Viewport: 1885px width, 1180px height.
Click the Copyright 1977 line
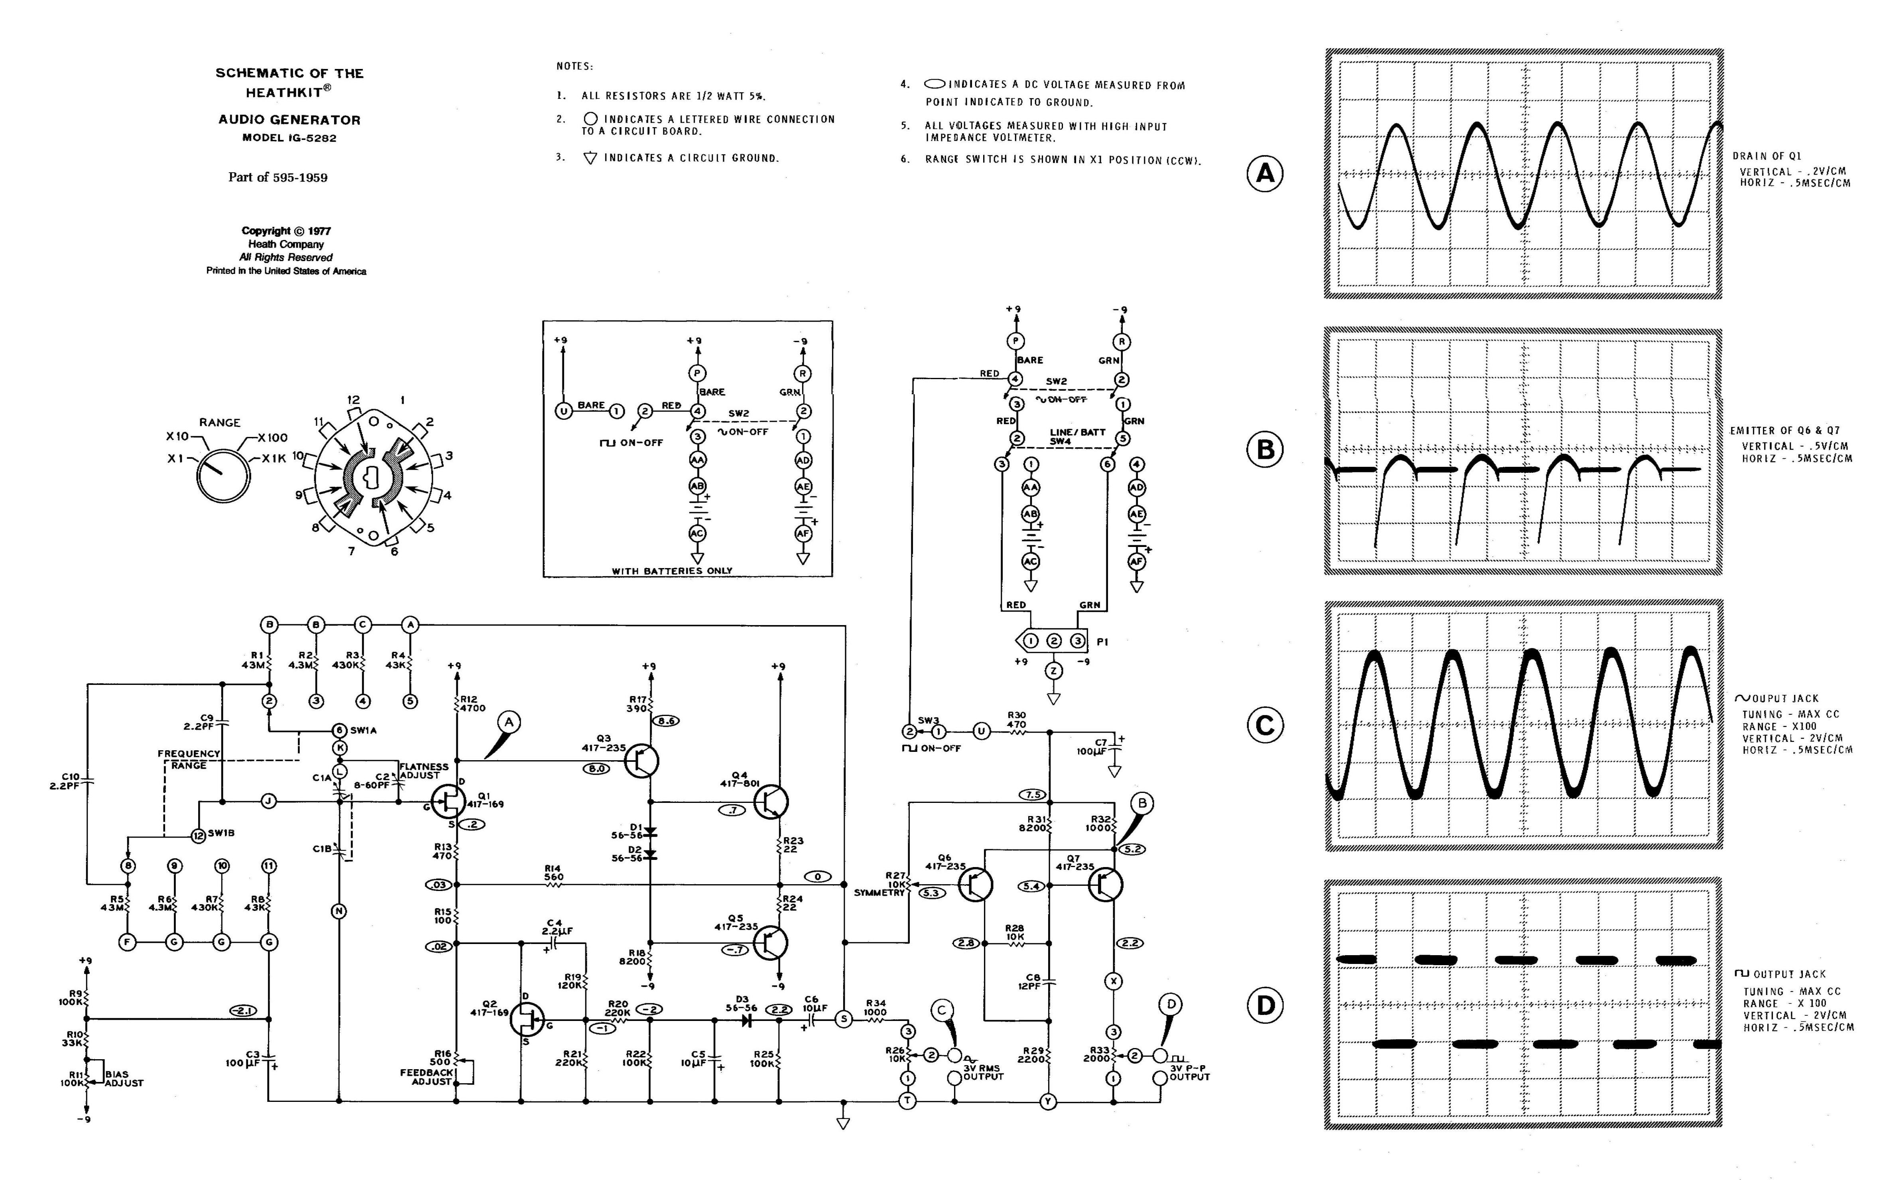[286, 231]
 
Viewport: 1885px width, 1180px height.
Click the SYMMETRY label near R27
[879, 892]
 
